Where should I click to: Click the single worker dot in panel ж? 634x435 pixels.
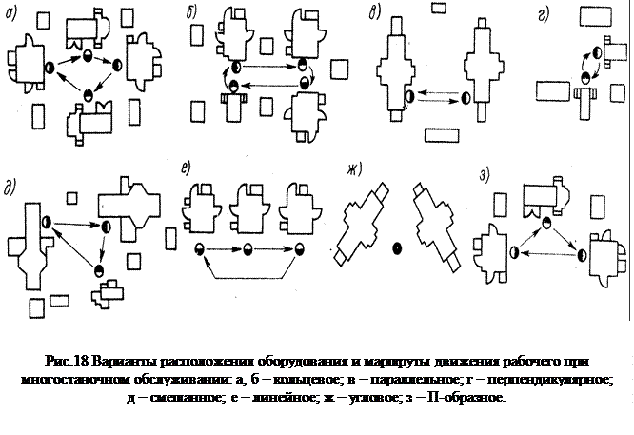click(x=397, y=248)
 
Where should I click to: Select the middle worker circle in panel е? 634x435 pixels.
click(x=248, y=250)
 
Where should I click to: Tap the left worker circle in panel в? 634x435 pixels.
click(x=409, y=96)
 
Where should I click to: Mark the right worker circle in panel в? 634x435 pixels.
click(x=466, y=96)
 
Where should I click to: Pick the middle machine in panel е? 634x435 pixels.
click(x=248, y=210)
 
